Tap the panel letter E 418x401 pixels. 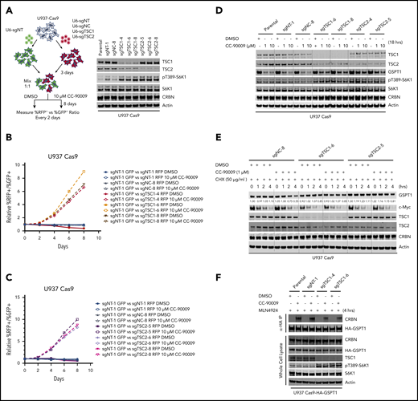pos(220,140)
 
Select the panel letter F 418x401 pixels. pos(221,272)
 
